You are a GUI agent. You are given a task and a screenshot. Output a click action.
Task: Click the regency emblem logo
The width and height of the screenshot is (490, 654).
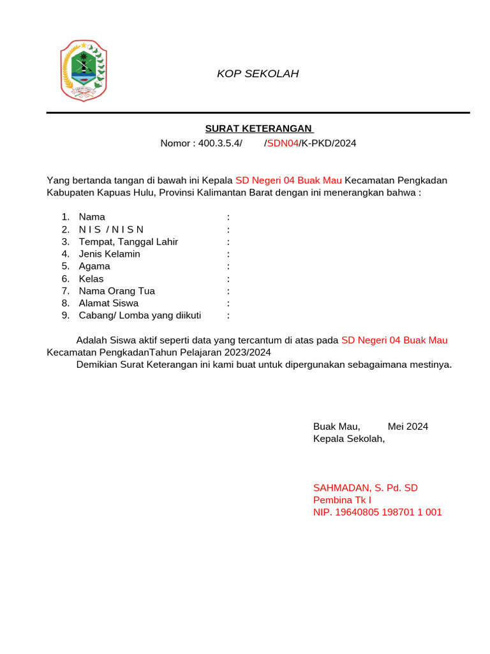pyautogui.click(x=84, y=70)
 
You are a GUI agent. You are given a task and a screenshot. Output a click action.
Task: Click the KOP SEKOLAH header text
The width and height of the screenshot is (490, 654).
pyautogui.click(x=258, y=73)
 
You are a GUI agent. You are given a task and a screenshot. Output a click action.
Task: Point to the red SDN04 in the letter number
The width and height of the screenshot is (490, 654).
pyautogui.click(x=283, y=143)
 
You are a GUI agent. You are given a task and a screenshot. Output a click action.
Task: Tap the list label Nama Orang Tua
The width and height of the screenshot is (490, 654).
pyautogui.click(x=117, y=291)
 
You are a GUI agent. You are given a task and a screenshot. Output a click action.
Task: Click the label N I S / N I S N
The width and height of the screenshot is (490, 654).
pyautogui.click(x=112, y=229)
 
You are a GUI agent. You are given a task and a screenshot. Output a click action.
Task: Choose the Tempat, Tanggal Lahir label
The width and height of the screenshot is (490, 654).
pyautogui.click(x=128, y=241)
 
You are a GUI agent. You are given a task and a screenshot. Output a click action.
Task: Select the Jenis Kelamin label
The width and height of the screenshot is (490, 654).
pyautogui.click(x=109, y=254)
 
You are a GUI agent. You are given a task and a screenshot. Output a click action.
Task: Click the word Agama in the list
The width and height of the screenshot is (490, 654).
pyautogui.click(x=94, y=266)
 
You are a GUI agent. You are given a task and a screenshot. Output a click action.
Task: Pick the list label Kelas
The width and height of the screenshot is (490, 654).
pyautogui.click(x=91, y=279)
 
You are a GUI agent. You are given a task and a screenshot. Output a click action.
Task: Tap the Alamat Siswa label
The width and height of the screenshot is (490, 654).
pyautogui.click(x=108, y=303)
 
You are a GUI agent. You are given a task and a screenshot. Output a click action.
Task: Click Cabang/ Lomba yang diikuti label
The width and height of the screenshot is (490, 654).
pyautogui.click(x=140, y=316)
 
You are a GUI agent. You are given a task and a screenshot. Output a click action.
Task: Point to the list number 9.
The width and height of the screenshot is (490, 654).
pyautogui.click(x=65, y=316)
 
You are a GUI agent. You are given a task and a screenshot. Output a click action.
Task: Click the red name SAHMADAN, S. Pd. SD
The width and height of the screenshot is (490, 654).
pyautogui.click(x=365, y=488)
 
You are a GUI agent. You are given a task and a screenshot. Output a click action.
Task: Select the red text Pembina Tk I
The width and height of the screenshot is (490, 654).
pyautogui.click(x=342, y=500)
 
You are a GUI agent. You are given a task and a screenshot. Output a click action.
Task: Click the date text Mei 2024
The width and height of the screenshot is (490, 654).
pyautogui.click(x=408, y=427)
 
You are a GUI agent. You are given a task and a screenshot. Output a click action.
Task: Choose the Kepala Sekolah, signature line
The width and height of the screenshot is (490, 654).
pyautogui.click(x=349, y=439)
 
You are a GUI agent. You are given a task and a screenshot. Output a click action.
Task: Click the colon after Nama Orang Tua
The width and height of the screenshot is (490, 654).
pyautogui.click(x=228, y=291)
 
